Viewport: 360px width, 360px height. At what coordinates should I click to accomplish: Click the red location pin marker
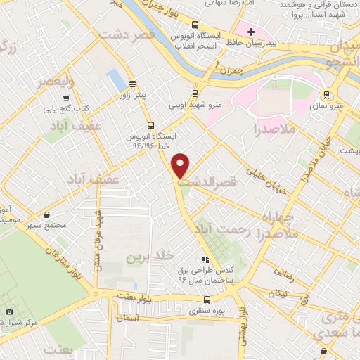click(x=181, y=165)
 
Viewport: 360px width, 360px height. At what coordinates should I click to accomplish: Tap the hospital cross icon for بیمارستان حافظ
click(x=252, y=32)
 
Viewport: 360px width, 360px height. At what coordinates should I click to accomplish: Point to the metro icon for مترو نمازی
click(x=326, y=95)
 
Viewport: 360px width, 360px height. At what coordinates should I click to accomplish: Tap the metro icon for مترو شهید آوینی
click(x=195, y=94)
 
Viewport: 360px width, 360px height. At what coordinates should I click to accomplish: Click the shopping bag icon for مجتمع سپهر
click(x=47, y=214)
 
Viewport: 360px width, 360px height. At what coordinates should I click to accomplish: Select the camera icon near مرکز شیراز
click(x=9, y=311)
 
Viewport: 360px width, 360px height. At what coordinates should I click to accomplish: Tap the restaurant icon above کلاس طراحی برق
click(x=205, y=260)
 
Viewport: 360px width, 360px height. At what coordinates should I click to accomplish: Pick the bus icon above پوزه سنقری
click(x=194, y=296)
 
